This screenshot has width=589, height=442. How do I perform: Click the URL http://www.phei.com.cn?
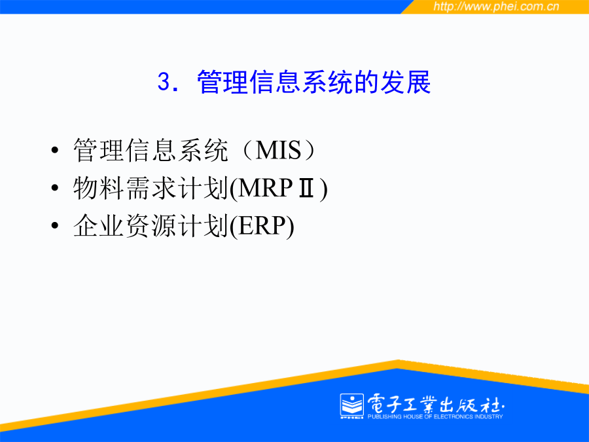tap(496, 7)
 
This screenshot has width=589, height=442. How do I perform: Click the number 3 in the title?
tap(164, 82)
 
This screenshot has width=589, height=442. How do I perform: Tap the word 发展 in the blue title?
tap(405, 82)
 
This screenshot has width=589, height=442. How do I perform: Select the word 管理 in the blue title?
tap(223, 82)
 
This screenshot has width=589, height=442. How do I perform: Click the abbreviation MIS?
tap(278, 150)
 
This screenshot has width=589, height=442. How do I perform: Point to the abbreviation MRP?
tap(265, 188)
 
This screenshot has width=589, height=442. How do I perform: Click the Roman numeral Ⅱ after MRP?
tap(306, 188)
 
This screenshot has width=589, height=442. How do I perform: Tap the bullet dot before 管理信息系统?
tap(55, 151)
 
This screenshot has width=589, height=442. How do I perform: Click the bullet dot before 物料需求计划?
tap(55, 187)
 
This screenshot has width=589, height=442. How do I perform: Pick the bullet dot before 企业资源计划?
tap(55, 225)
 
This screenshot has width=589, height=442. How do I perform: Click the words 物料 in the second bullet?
tap(99, 188)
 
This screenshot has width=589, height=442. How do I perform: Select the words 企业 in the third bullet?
tap(99, 226)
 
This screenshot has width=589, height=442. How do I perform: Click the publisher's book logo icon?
tap(352, 406)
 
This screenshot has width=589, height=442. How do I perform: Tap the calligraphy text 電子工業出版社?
tap(436, 404)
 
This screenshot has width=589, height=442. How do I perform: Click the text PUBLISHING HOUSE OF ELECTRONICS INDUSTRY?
tap(435, 416)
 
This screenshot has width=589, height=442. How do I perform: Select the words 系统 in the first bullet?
tap(203, 150)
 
